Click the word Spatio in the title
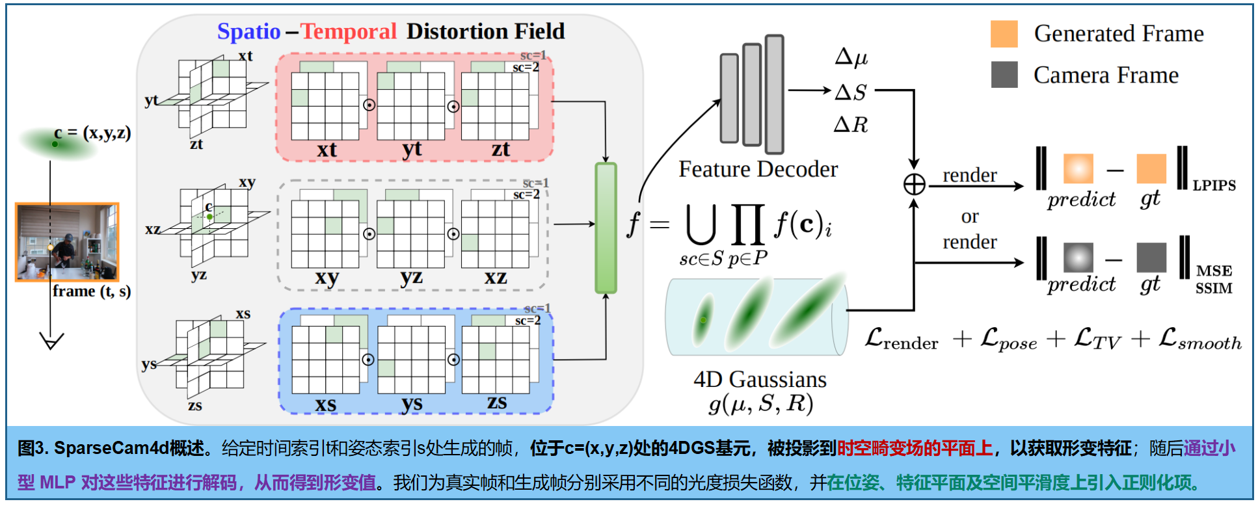(x=248, y=31)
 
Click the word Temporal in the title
(x=349, y=31)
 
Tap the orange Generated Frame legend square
(x=1004, y=34)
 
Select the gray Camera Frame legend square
(x=1004, y=75)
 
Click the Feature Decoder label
(x=758, y=169)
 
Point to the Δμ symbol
(x=851, y=57)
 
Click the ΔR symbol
(x=851, y=124)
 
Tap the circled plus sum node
(x=914, y=185)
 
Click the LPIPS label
(x=1214, y=185)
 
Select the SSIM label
(x=1214, y=288)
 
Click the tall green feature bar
(x=606, y=228)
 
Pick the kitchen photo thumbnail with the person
(x=67, y=241)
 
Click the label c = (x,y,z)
(x=92, y=133)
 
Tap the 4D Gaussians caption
(x=760, y=379)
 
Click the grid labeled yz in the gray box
(x=410, y=234)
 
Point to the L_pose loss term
(x=1009, y=340)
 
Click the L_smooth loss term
(x=1199, y=340)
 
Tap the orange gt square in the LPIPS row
(x=1151, y=168)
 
